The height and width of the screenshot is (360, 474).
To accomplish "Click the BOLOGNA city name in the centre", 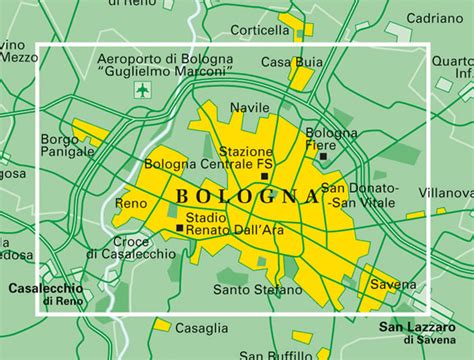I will click(x=239, y=196).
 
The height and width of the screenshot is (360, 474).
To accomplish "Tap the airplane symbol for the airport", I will click(x=142, y=91).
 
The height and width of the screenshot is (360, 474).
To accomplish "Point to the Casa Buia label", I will click(x=292, y=62).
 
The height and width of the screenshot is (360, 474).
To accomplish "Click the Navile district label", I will click(x=250, y=106).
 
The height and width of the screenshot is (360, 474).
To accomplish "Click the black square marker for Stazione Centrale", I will click(x=264, y=176).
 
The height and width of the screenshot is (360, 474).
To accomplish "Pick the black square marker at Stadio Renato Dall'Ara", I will click(x=179, y=228).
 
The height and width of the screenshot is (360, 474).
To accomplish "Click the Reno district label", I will click(x=130, y=203).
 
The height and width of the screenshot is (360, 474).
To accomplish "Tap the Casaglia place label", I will click(x=201, y=327).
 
